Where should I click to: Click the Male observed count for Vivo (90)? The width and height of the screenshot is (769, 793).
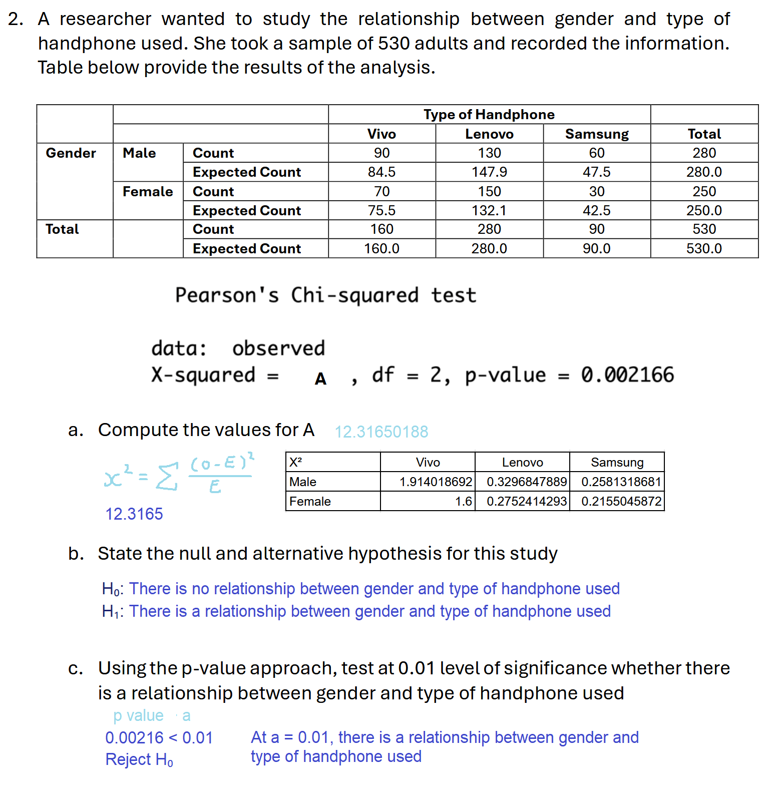(381, 153)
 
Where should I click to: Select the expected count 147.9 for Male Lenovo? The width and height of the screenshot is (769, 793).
(489, 172)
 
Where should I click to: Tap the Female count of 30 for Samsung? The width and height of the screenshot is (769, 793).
(597, 191)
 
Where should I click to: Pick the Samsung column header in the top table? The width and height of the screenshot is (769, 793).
(597, 134)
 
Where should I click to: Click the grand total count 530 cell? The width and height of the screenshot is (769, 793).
(704, 229)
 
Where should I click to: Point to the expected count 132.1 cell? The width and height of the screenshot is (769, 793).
(489, 210)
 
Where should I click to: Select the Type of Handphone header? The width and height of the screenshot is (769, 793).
(489, 115)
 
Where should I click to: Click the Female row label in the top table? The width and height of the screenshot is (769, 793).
(148, 191)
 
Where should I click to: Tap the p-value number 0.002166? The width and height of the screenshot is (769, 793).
(627, 375)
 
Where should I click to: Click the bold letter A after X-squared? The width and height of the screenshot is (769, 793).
(320, 379)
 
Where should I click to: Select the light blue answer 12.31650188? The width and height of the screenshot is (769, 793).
(381, 432)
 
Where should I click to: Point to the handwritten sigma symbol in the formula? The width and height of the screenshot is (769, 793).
(167, 477)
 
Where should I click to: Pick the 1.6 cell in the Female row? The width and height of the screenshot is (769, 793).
(464, 501)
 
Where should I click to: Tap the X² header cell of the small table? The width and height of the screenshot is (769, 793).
(296, 462)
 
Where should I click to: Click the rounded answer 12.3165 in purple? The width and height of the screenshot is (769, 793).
(134, 514)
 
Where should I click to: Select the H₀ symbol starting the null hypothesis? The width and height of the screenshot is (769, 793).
(111, 589)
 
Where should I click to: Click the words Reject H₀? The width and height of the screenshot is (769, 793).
(139, 759)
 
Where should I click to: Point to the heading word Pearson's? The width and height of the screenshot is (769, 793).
(227, 295)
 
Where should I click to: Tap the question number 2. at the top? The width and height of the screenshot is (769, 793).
(16, 19)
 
